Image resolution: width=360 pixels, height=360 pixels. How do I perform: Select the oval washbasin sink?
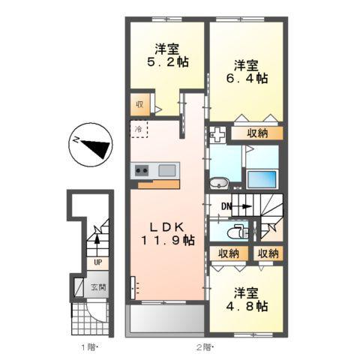[x=220, y=183]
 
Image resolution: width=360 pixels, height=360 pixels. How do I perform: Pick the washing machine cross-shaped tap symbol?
[x=218, y=136]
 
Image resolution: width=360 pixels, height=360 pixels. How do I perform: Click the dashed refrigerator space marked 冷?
[x=140, y=129]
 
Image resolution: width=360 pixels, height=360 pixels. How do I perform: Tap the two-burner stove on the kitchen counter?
[x=142, y=171]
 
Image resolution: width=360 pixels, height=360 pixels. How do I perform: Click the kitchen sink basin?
[x=166, y=170]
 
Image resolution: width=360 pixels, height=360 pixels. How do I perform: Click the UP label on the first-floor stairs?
[x=97, y=262]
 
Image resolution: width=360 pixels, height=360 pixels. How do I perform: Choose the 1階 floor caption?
[x=89, y=346]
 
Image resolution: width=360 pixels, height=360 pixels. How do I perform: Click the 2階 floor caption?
[x=204, y=346]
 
